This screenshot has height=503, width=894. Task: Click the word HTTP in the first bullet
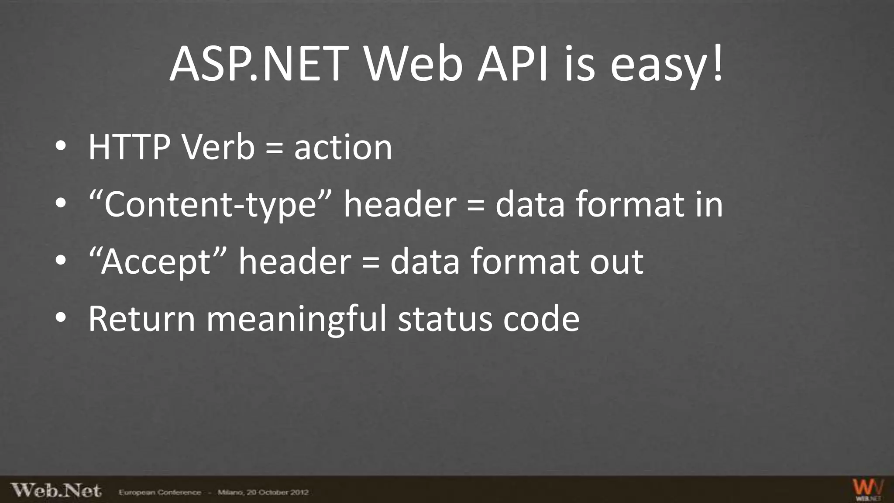(x=129, y=147)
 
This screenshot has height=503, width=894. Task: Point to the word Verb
(x=218, y=147)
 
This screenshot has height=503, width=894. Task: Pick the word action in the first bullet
(x=343, y=147)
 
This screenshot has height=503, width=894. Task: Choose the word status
(x=445, y=319)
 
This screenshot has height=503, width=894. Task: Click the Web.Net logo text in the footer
(x=56, y=490)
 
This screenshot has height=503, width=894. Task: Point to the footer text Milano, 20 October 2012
(x=263, y=493)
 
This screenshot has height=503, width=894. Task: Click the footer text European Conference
(x=160, y=493)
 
